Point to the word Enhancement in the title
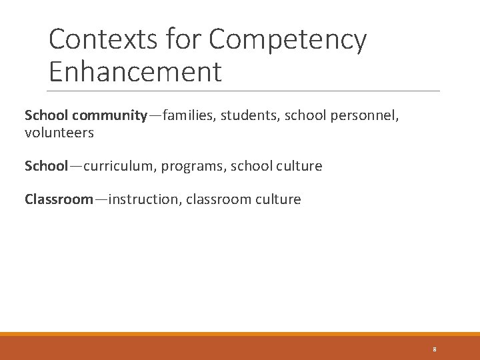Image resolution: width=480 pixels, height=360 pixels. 135,72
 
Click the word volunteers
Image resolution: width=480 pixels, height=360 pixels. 59,133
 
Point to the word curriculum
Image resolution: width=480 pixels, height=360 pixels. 117,166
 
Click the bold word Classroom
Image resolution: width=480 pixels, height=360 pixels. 59,199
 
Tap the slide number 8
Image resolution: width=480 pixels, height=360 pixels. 434,349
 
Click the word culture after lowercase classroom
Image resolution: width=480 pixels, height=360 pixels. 278,199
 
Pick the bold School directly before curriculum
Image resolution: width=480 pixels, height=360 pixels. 46,166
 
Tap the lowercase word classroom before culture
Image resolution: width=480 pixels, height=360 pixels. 220,199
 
